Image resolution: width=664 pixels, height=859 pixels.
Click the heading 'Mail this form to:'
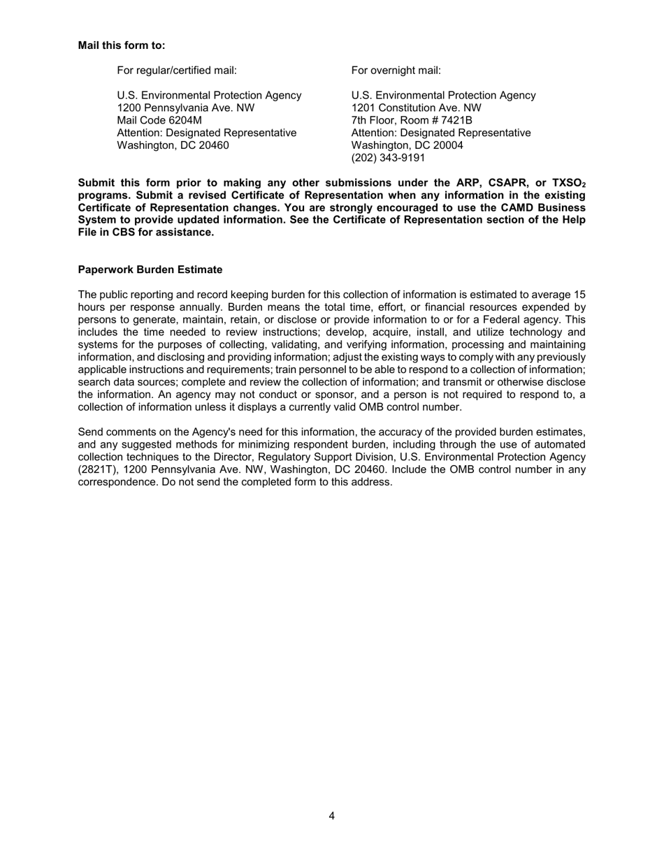[122, 45]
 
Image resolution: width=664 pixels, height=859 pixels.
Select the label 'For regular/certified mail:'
[177, 71]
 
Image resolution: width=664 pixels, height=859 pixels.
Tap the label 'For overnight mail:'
[396, 71]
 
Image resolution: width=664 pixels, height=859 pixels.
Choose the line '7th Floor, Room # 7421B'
[412, 121]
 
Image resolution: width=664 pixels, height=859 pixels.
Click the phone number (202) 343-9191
[388, 158]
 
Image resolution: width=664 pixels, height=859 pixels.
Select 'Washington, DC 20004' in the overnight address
[407, 145]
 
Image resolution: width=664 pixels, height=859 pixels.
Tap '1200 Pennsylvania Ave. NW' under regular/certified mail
[185, 108]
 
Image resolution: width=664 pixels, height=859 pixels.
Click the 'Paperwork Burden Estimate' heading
[150, 270]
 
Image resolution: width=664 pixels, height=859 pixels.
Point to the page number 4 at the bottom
[331, 816]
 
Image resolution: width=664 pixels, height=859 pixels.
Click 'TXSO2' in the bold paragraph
[568, 184]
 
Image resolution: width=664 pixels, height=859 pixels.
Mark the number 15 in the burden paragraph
[579, 295]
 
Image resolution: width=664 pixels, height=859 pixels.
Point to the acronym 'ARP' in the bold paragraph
[456, 183]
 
